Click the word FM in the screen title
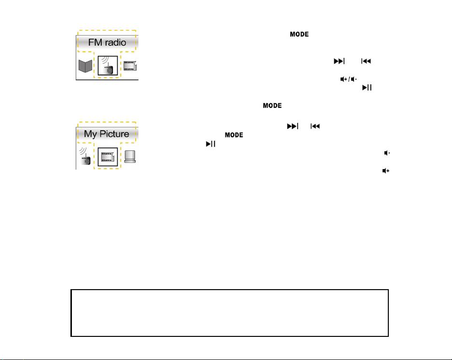coord(96,42)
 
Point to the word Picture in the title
coord(114,134)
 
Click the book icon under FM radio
coord(85,66)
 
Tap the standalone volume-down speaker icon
coord(386,153)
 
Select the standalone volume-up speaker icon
coord(386,171)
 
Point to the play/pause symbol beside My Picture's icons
coord(210,144)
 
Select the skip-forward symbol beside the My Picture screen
coord(292,126)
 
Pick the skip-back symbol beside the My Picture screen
coord(315,126)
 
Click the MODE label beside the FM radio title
coord(299,35)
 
